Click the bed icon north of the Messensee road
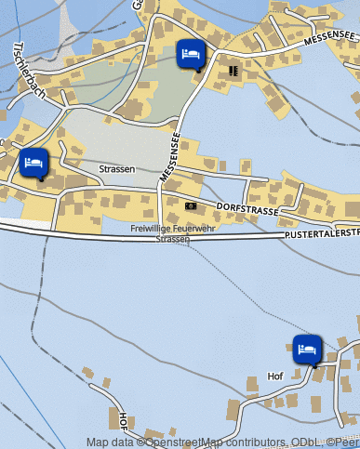(190, 53)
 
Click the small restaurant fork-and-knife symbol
(233, 69)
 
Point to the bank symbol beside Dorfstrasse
(191, 205)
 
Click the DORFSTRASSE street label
(247, 211)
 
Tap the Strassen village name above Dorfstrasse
(117, 169)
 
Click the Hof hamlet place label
(274, 376)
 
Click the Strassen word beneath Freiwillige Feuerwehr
(173, 239)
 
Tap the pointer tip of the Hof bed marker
(315, 366)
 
